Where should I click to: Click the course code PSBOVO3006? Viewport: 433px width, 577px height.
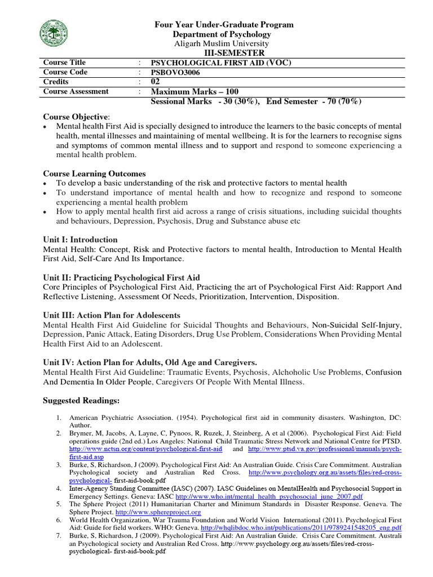176,72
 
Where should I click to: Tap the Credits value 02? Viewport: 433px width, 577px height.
157,82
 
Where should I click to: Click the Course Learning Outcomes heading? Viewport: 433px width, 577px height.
94,174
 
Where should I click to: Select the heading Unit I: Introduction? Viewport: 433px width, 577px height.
80,239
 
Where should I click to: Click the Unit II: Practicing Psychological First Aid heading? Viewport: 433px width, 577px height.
121,278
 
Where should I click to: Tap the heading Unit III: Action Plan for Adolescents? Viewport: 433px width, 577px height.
112,316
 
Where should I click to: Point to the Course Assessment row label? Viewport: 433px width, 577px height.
76,91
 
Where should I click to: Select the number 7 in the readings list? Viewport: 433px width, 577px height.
58,535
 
